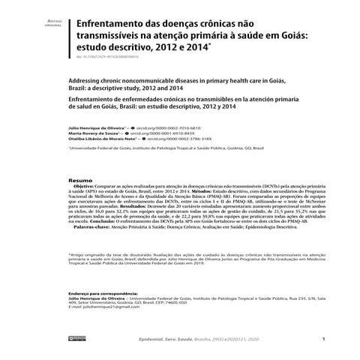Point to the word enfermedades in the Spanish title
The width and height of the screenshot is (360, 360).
[x=142, y=99]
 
